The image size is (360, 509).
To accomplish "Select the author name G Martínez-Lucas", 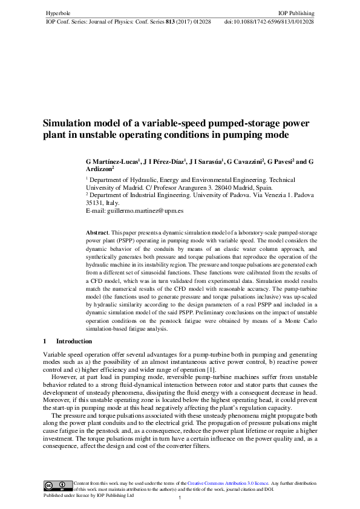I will pos(113,162).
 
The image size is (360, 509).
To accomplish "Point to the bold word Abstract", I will pos(97,232).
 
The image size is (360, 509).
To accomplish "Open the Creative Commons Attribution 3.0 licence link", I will pos(227,483).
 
